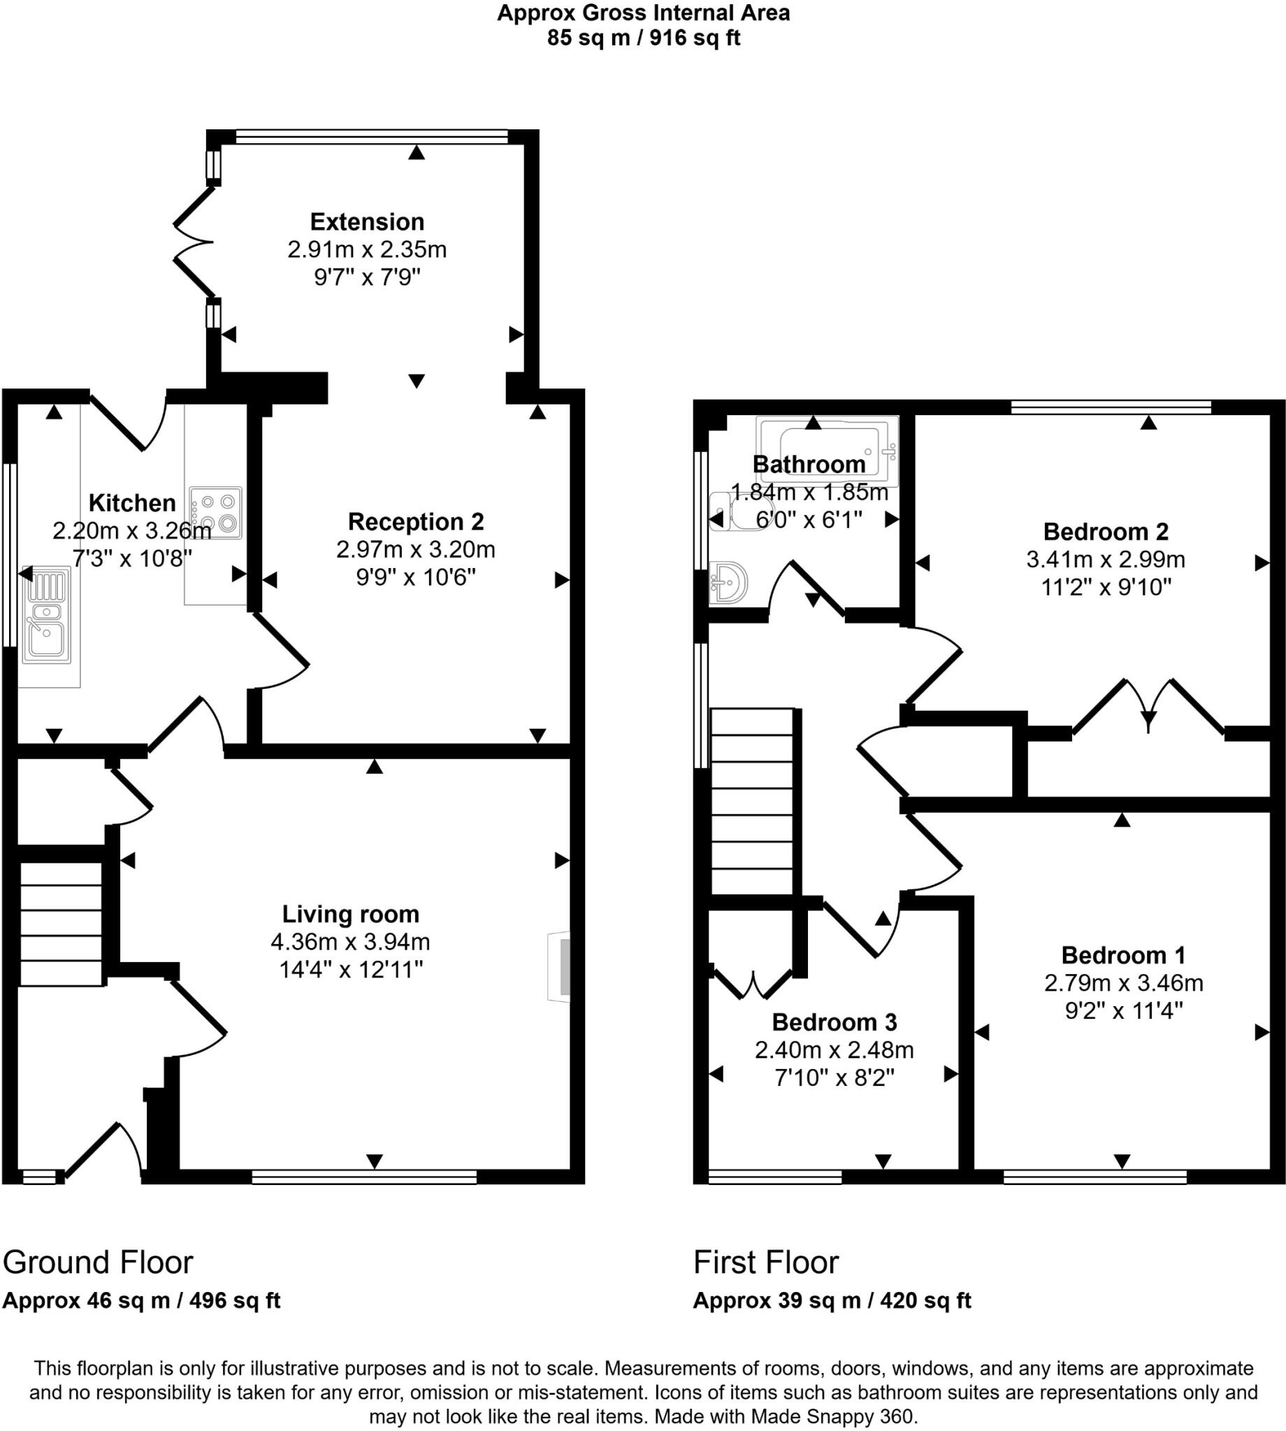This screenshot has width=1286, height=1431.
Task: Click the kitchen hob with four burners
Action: click(x=215, y=513)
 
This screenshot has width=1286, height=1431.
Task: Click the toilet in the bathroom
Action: click(x=742, y=511)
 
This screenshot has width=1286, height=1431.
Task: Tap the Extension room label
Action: click(x=367, y=221)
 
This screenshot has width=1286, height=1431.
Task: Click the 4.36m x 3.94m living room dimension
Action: click(x=349, y=941)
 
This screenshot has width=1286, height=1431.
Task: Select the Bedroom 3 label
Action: click(x=834, y=1022)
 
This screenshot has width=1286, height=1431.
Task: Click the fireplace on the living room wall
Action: click(x=561, y=967)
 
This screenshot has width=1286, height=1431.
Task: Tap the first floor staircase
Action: click(x=752, y=801)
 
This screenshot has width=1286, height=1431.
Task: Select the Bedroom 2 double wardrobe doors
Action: click(x=1148, y=707)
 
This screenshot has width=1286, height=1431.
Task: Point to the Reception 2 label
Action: click(x=415, y=522)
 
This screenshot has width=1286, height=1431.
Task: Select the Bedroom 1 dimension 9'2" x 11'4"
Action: click(x=1123, y=1011)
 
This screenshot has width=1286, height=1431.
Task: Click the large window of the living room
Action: click(x=365, y=1177)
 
